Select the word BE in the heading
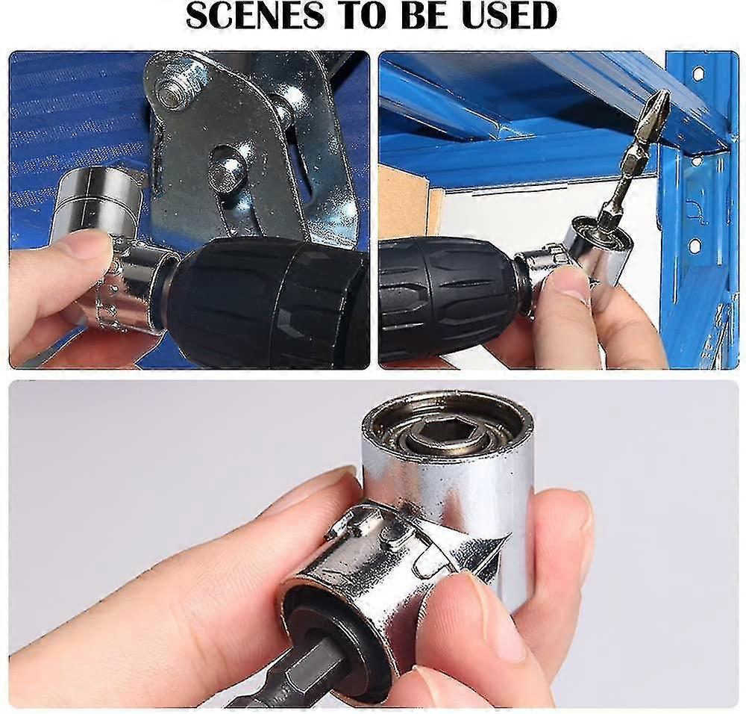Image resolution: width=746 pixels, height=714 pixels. [x=431, y=16]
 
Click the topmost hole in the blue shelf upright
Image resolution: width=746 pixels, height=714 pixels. [x=698, y=73]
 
